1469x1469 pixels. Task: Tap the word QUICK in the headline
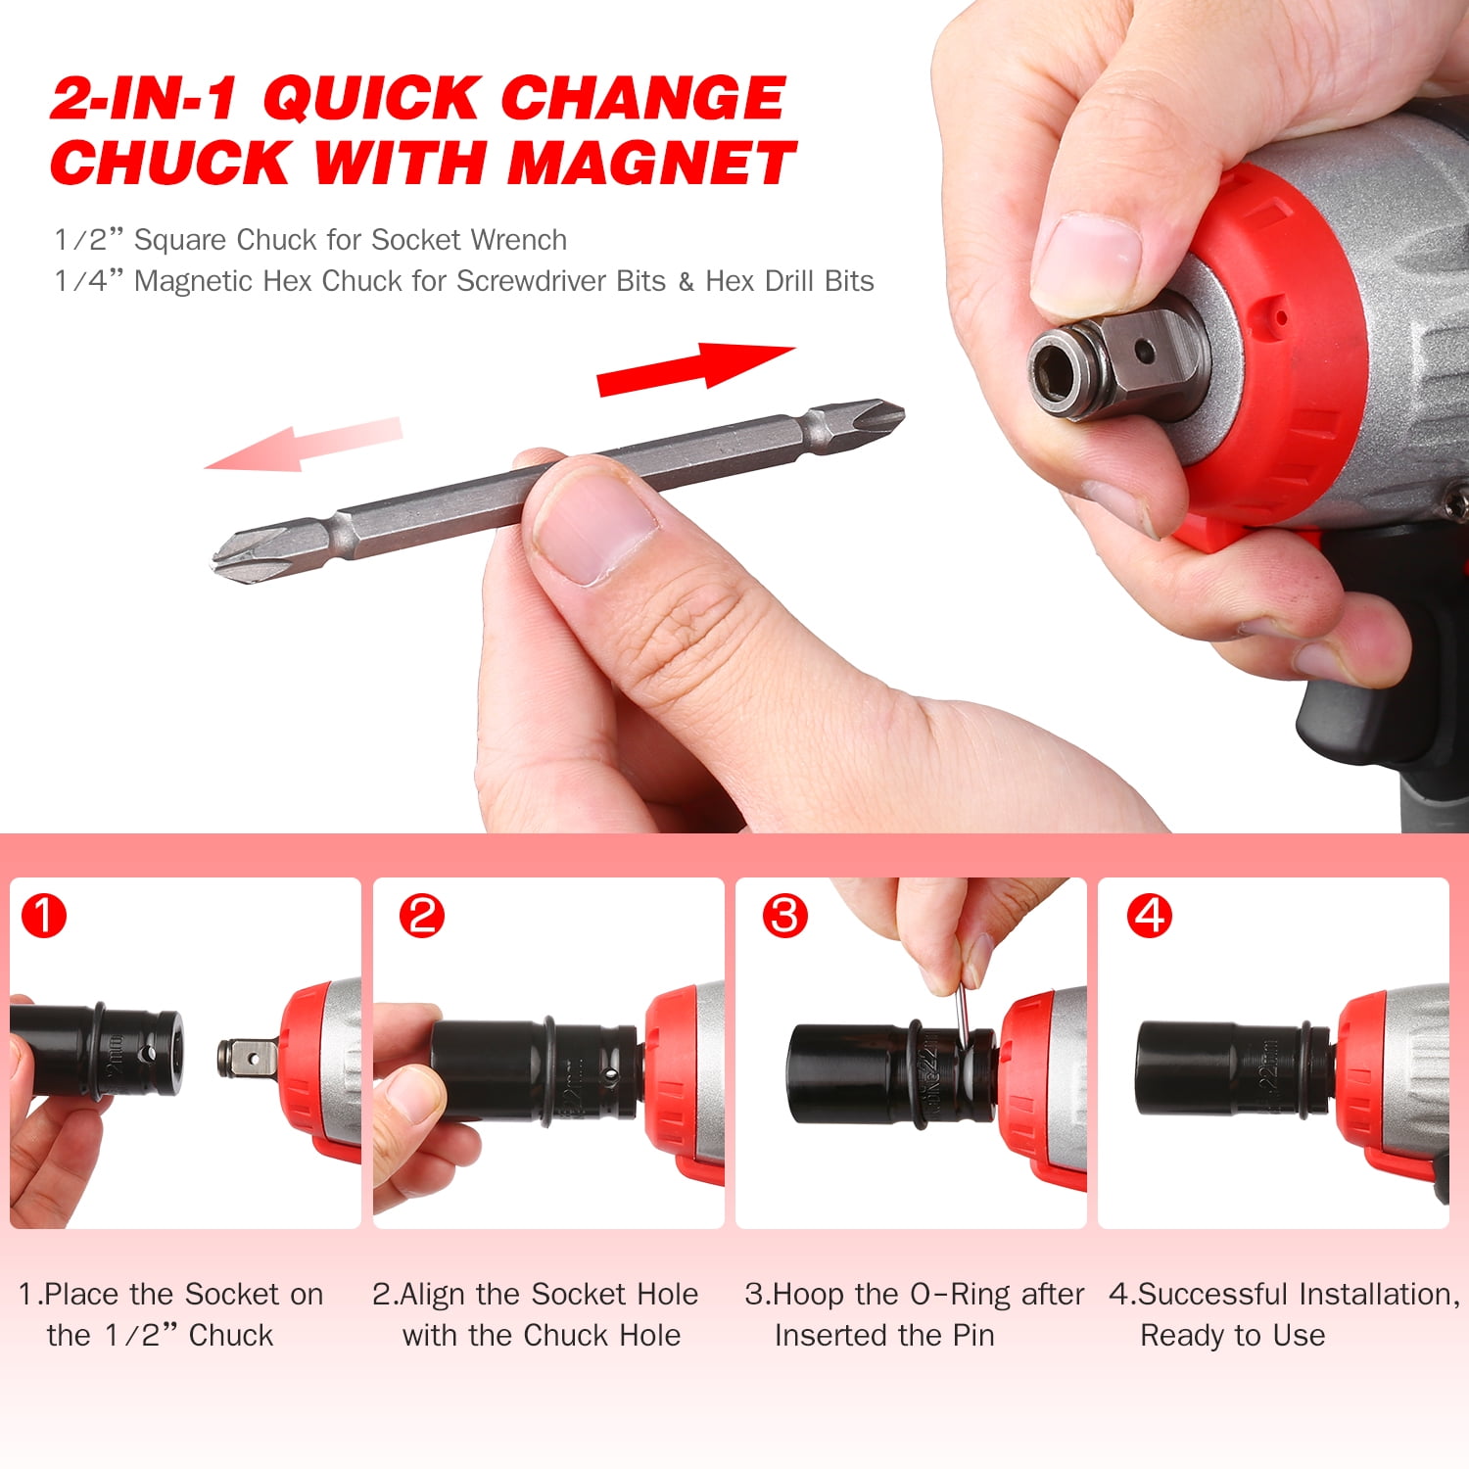(x=370, y=98)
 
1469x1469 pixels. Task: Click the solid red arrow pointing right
(x=695, y=368)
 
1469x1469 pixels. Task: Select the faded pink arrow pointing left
(x=304, y=444)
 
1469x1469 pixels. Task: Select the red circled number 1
(x=44, y=917)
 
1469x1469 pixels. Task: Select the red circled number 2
(x=421, y=917)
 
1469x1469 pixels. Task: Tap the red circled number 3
(x=785, y=917)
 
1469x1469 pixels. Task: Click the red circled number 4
(x=1149, y=917)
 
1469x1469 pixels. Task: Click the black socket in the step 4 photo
(x=1214, y=1068)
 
